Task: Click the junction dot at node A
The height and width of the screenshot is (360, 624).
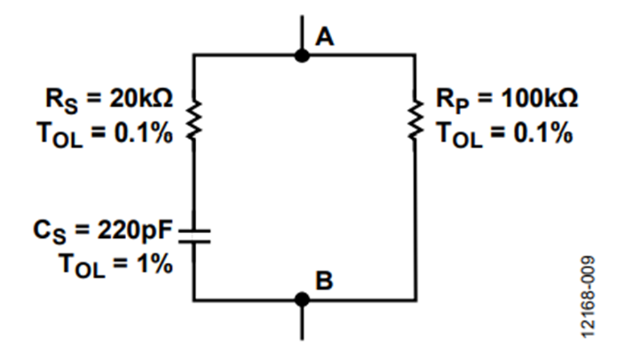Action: point(302,55)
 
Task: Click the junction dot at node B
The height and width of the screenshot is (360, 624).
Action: point(302,300)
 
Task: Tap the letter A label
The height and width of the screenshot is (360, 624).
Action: point(324,38)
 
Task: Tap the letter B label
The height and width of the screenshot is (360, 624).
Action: point(324,280)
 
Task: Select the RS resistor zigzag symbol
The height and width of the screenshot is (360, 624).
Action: point(194,120)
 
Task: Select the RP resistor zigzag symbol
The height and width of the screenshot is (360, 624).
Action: point(416,120)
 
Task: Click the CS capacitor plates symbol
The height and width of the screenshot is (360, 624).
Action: point(194,236)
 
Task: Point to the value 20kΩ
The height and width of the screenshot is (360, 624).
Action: point(141,98)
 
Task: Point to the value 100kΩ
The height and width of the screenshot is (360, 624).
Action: point(539,98)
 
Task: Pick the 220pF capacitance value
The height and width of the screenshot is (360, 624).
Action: point(135,230)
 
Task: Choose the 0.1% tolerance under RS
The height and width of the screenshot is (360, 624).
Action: point(144,133)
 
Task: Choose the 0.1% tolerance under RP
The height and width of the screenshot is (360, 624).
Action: point(543,133)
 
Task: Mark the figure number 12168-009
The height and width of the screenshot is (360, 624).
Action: point(588,297)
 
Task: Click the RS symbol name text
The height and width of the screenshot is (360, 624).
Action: point(62,101)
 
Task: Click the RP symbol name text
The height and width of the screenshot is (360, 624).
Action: point(453,101)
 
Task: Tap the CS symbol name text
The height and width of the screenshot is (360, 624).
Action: point(50,232)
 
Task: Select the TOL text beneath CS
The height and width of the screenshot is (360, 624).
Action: point(82,266)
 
